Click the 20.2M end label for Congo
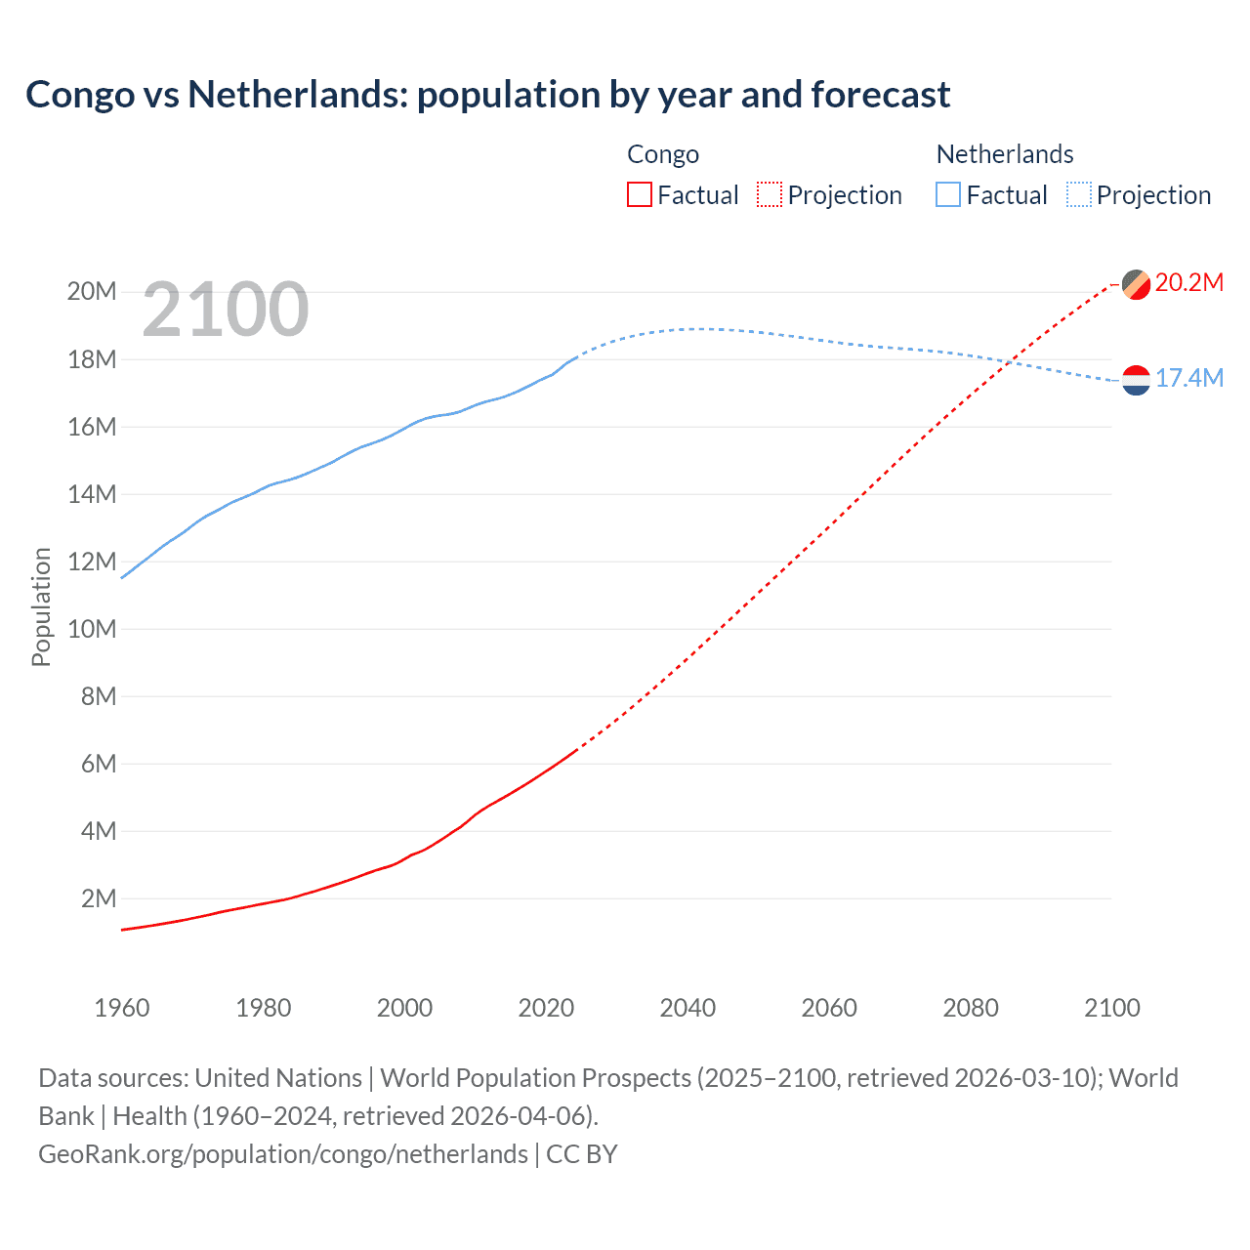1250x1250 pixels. pos(1188,283)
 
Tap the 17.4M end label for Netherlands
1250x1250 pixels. pos(1188,379)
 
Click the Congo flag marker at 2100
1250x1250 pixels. pos(1136,284)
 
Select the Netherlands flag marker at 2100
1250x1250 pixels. pos(1136,380)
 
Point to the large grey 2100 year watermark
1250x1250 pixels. pos(226,310)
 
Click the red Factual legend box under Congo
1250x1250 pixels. pos(639,194)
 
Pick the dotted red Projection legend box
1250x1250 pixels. pos(770,194)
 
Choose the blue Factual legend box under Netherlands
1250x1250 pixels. pos(947,194)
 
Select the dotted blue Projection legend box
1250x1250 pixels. pos(1078,194)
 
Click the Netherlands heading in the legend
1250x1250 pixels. pos(1004,154)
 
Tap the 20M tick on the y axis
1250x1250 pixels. pos(92,292)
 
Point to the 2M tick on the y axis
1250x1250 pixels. pos(98,898)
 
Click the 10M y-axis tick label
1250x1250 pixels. pos(92,629)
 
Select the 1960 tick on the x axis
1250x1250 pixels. pos(122,1008)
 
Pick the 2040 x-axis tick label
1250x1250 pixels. pos(687,1008)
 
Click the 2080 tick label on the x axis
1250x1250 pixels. pos(971,1008)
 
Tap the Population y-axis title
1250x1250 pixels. pos(41,606)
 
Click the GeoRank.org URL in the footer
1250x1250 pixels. pos(283,1154)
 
